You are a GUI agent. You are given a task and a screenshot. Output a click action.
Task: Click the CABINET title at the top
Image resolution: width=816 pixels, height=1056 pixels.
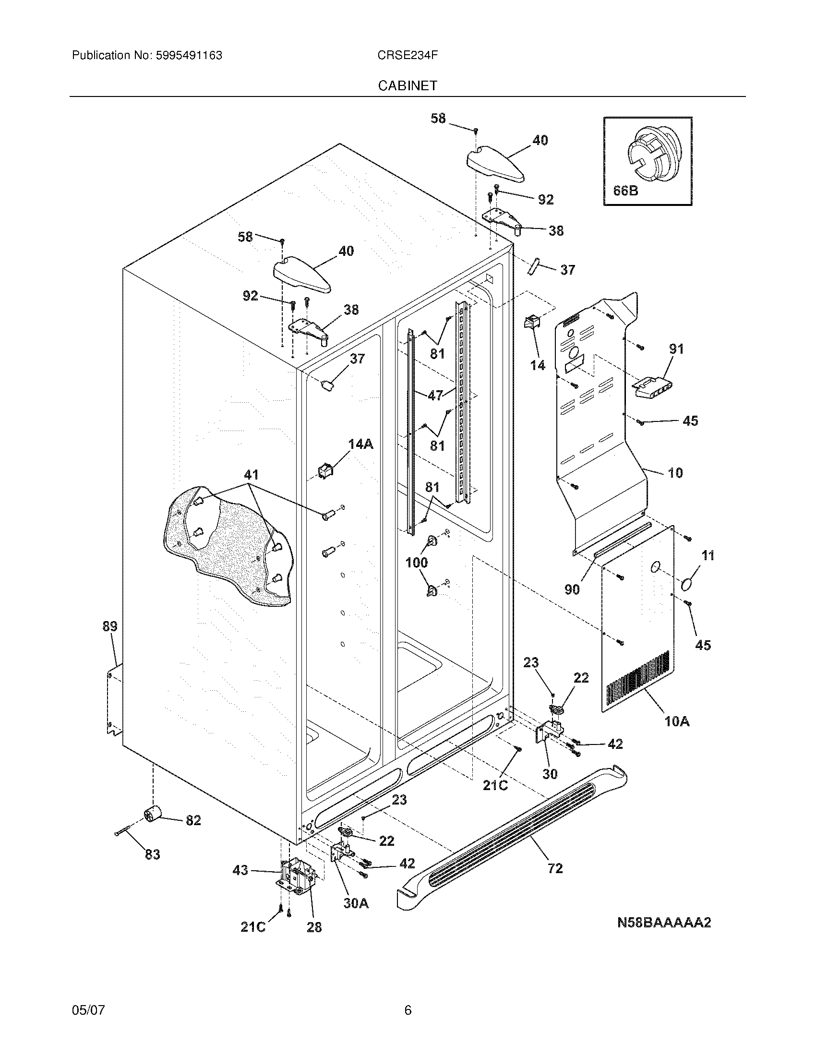[408, 85]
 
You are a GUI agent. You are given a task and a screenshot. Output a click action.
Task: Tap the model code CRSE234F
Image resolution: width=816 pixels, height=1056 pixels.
[408, 56]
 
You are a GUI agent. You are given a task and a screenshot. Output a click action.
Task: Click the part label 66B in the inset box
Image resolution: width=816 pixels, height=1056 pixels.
[625, 191]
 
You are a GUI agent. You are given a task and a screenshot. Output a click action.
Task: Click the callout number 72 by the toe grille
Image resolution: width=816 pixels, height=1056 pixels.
[555, 869]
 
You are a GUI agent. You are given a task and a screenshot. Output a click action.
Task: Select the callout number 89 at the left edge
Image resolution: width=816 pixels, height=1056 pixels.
[110, 626]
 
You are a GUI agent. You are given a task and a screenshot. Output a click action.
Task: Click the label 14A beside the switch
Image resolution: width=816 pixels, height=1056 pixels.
[360, 444]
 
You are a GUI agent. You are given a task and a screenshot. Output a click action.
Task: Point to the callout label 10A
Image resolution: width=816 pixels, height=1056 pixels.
[677, 735]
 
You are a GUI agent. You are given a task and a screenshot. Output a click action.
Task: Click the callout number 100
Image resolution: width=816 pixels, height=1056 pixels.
[416, 563]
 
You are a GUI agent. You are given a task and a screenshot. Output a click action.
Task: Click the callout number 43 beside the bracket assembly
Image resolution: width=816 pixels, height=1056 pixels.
[240, 870]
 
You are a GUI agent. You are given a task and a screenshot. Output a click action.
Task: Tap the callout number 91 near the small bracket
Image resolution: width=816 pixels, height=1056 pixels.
[676, 348]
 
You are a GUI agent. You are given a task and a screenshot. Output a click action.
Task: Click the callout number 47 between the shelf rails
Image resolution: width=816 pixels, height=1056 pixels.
[435, 395]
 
